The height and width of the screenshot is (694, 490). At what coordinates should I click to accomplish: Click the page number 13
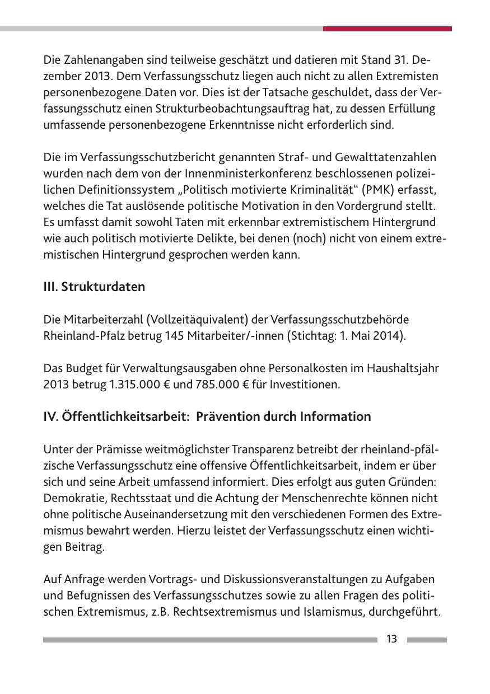click(x=391, y=639)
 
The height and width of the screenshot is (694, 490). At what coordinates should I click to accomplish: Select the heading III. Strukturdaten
click(x=94, y=287)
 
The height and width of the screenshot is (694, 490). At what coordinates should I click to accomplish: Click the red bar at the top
click(x=387, y=29)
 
